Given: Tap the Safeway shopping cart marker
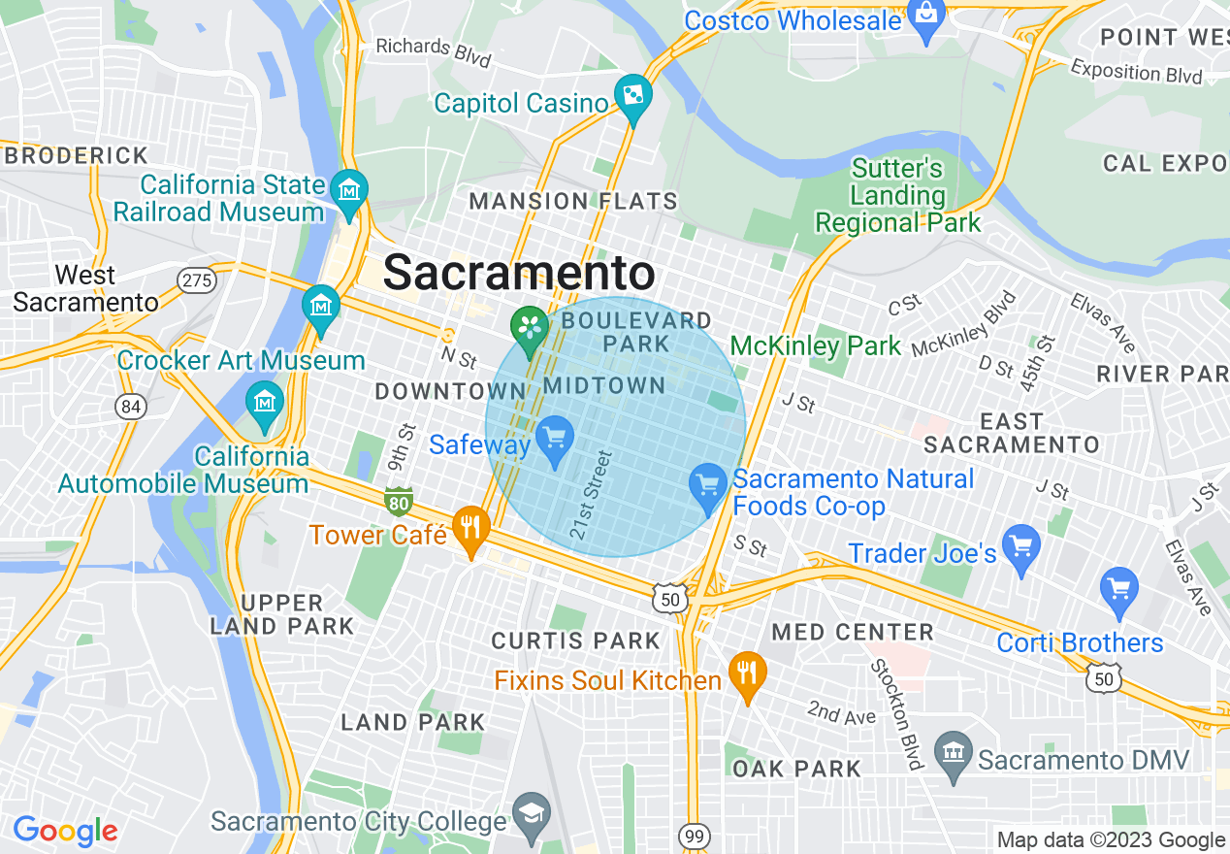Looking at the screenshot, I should tap(555, 439).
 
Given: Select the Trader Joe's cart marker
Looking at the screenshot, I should tap(1021, 546).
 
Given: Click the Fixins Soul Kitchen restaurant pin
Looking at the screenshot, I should tap(746, 673).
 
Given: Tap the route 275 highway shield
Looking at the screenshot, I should tap(197, 280).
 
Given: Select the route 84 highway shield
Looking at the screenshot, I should tap(129, 406).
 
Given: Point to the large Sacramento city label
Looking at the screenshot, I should tap(519, 273).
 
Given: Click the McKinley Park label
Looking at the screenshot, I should tap(816, 346).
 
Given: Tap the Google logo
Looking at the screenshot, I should tap(65, 831).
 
